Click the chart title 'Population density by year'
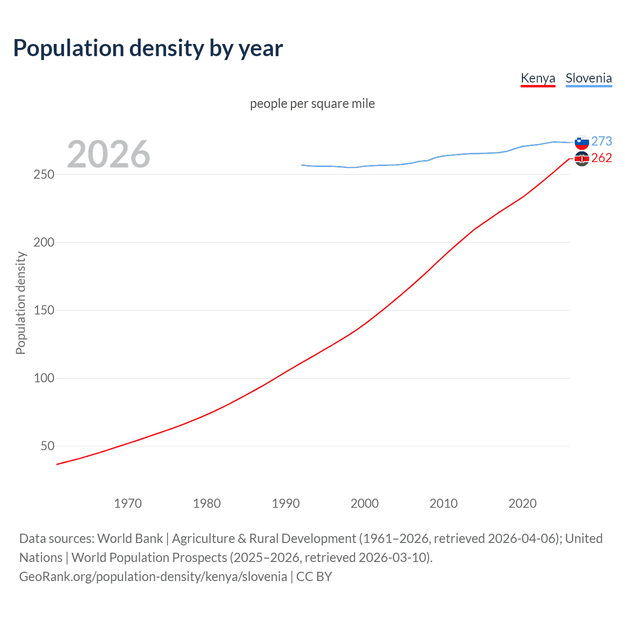pyautogui.click(x=148, y=48)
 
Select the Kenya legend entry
pyautogui.click(x=538, y=78)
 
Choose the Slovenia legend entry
pyautogui.click(x=588, y=78)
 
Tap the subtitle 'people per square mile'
pyautogui.click(x=312, y=104)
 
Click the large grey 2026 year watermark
pyautogui.click(x=108, y=154)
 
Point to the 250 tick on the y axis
pyautogui.click(x=43, y=174)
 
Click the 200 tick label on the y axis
pyautogui.click(x=43, y=242)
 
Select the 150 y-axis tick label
pyautogui.click(x=43, y=310)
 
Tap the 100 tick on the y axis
pyautogui.click(x=43, y=378)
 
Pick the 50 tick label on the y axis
pyautogui.click(x=47, y=446)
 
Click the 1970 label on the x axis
pyautogui.click(x=128, y=503)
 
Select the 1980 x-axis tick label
pyautogui.click(x=207, y=503)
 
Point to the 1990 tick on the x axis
pyautogui.click(x=286, y=503)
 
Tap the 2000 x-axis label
pyautogui.click(x=365, y=503)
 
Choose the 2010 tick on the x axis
pyautogui.click(x=443, y=503)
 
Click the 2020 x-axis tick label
pyautogui.click(x=522, y=503)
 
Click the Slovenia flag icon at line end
pyautogui.click(x=582, y=142)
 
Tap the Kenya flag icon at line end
pyautogui.click(x=582, y=159)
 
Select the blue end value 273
pyautogui.click(x=602, y=141)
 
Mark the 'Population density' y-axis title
pyautogui.click(x=21, y=303)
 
